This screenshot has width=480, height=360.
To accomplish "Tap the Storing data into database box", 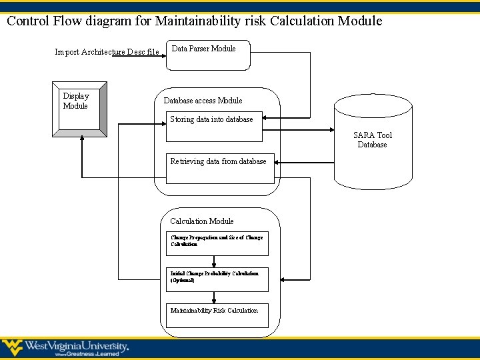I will point(213,127).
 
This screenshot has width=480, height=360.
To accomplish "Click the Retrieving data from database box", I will point(220,168).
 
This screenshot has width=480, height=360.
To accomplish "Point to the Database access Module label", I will point(203,101).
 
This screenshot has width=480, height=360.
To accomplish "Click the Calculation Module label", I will point(201,221).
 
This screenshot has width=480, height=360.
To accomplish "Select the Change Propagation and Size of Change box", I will point(217,243).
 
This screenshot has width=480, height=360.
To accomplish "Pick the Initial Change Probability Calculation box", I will point(217,279).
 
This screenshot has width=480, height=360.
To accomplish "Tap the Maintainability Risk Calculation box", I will point(217,315).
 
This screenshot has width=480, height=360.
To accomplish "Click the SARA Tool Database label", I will point(373,140).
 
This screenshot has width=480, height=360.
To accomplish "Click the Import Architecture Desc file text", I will point(107,52).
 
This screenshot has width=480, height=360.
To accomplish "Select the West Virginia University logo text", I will point(76,347).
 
